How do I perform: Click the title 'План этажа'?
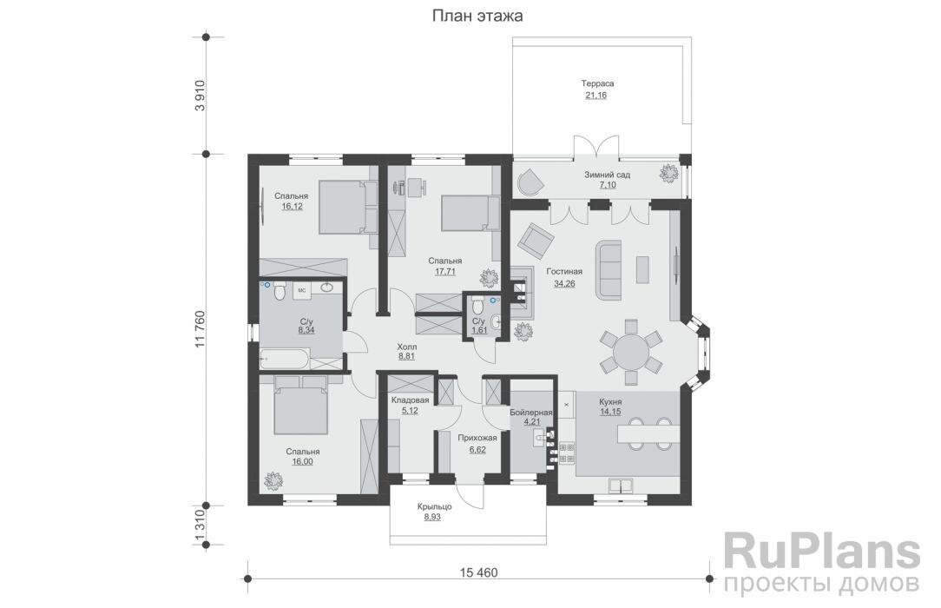point(477,16)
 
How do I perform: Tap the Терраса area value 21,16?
point(596,95)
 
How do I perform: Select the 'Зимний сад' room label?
point(608,175)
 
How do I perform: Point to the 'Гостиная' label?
point(564,271)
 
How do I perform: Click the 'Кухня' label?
point(610,401)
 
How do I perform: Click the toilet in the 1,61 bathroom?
point(477,307)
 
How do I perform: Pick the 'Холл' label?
point(407,347)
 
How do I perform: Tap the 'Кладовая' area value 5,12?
point(410,411)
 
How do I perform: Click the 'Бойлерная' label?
point(530,413)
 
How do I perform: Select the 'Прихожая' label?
point(477,438)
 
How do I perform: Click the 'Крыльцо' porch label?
point(435,506)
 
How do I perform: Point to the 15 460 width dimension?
point(479,572)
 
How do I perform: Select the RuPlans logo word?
point(822,552)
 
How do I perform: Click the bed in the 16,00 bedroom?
point(300,405)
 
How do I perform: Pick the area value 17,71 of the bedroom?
point(445,271)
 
